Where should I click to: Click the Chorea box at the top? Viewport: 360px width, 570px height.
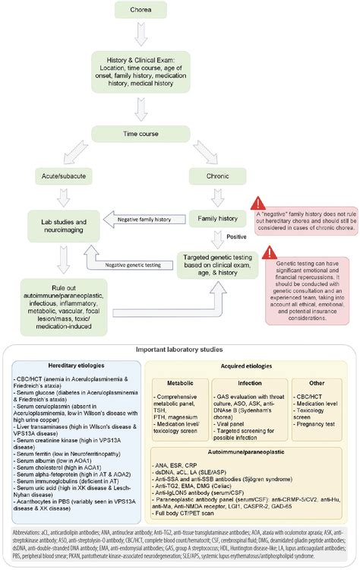click(136, 11)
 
